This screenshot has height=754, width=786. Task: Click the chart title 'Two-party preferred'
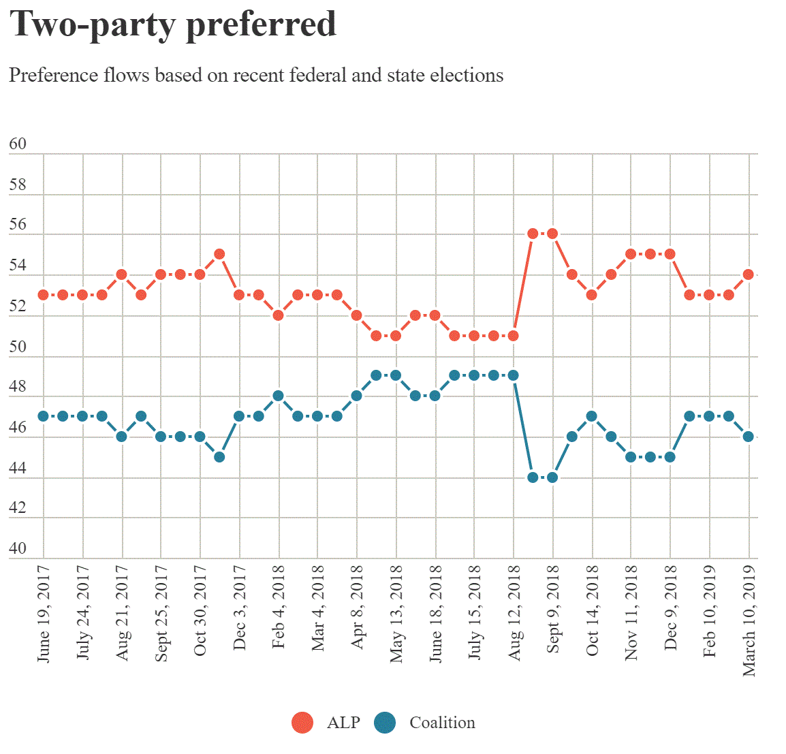point(173,25)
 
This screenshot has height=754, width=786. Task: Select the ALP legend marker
point(302,723)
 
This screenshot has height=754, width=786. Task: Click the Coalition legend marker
point(385,723)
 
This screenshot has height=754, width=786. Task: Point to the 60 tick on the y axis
point(18,144)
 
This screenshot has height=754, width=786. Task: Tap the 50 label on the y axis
point(18,346)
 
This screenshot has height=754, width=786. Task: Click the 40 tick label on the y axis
point(18,548)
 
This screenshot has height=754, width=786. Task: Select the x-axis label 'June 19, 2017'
point(44,613)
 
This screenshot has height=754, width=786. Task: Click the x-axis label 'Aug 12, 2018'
point(514,613)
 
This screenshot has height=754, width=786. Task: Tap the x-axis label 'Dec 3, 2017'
point(239,608)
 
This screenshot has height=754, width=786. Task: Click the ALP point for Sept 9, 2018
point(552,234)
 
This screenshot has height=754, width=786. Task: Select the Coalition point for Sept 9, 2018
point(552,477)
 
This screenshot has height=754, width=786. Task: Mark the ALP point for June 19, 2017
point(44,295)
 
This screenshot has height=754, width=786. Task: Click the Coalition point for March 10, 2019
point(749,437)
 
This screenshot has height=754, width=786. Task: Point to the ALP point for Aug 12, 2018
point(514,335)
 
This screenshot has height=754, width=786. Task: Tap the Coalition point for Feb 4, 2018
point(278,396)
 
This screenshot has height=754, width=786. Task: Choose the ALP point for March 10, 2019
point(749,274)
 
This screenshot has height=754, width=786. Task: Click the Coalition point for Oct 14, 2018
point(592,416)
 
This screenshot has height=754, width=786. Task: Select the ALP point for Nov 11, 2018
point(631,254)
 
